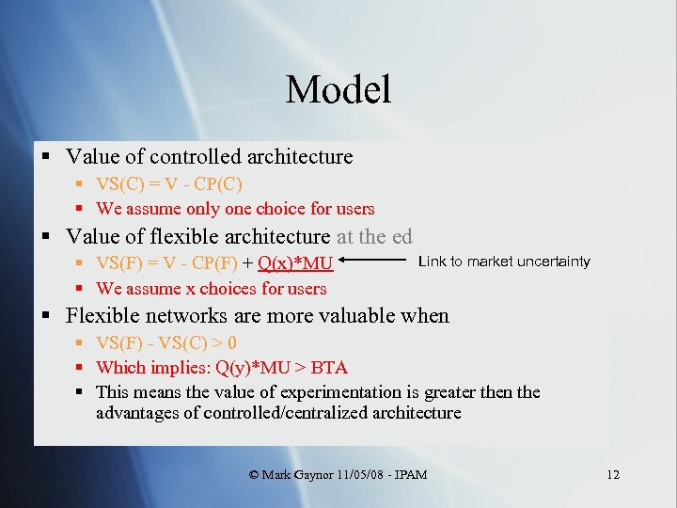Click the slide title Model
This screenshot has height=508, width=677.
click(x=338, y=90)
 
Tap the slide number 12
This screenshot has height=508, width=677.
click(x=613, y=474)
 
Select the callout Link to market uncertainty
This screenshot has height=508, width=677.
click(x=504, y=262)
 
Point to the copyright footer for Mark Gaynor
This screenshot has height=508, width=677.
click(x=338, y=474)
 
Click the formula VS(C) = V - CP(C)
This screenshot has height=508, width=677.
click(x=169, y=184)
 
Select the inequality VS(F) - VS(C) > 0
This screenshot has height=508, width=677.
click(x=166, y=343)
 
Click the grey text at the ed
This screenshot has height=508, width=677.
click(x=374, y=237)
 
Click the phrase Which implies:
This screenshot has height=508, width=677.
click(x=142, y=367)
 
